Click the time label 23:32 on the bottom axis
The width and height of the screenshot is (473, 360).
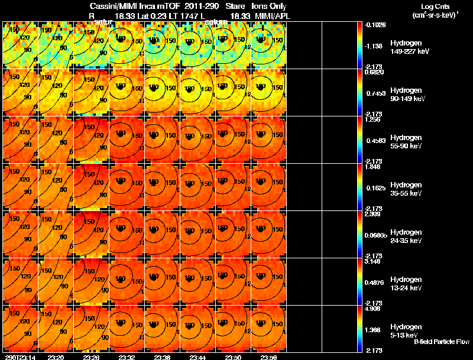pyautogui.click(x=127, y=357)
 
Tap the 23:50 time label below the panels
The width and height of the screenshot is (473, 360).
pyautogui.click(x=234, y=357)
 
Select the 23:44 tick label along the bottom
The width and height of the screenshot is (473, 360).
pyautogui.click(x=198, y=357)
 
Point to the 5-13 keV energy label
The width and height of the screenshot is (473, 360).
pyautogui.click(x=405, y=335)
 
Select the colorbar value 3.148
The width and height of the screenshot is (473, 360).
pyautogui.click(x=374, y=261)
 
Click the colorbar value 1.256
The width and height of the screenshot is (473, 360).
pyautogui.click(x=374, y=119)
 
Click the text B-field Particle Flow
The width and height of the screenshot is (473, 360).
pyautogui.click(x=441, y=342)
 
